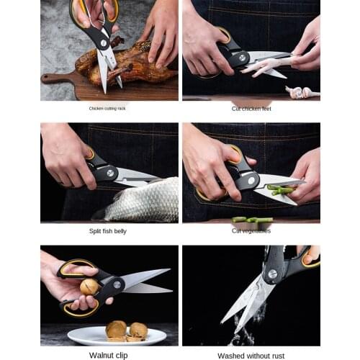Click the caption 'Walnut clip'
(109, 354)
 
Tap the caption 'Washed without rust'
(251, 354)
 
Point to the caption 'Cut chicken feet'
(251, 108)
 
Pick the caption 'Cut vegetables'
(251, 230)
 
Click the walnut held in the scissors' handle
(89, 287)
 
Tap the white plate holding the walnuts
(117, 336)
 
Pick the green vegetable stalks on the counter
(252, 220)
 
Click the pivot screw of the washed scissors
(271, 274)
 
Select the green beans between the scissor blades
(280, 189)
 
